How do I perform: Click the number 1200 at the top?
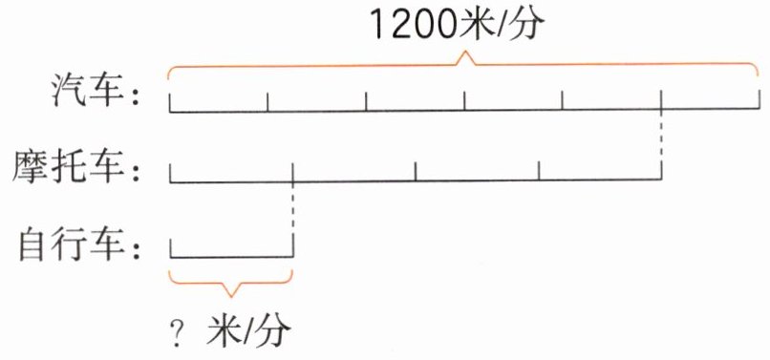click(414, 25)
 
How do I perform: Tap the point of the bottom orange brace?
click(231, 296)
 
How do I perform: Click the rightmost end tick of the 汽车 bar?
click(759, 99)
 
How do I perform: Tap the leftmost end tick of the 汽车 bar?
click(170, 102)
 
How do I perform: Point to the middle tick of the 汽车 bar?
click(464, 100)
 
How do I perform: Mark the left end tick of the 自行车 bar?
click(170, 247)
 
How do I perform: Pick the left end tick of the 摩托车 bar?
click(170, 174)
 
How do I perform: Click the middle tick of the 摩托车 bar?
click(416, 172)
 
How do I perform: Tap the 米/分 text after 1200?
click(502, 25)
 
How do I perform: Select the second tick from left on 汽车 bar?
click(267, 101)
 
